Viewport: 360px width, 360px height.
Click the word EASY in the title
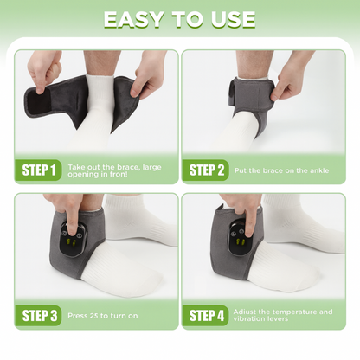point(133,20)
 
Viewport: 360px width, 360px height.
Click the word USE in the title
point(233,20)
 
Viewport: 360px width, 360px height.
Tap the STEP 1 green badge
point(38,170)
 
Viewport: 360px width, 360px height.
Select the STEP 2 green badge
point(205,170)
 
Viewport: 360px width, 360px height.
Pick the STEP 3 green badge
point(38,316)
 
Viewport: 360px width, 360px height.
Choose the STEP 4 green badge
point(205,316)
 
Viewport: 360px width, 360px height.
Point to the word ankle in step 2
point(319,170)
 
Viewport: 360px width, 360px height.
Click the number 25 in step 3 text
point(93,316)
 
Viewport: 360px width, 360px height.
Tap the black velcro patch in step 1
point(36,103)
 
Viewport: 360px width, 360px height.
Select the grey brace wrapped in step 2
point(250,104)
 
